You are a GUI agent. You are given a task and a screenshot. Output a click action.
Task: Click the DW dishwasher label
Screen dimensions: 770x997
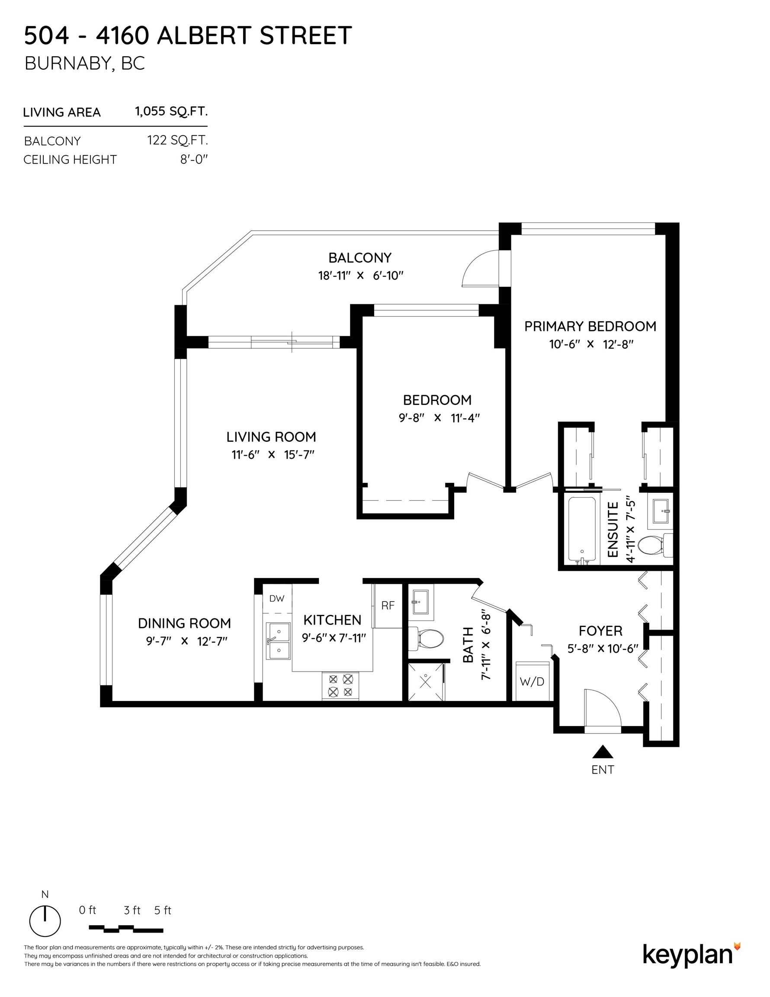coord(276,598)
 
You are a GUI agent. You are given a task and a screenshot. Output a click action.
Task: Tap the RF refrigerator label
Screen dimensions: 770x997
coord(388,605)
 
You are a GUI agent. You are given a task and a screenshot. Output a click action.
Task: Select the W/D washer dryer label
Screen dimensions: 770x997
coord(532,682)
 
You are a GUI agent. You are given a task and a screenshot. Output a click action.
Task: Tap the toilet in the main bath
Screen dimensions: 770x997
coord(426,639)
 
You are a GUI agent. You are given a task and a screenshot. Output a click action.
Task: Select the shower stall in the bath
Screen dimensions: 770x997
coord(426,682)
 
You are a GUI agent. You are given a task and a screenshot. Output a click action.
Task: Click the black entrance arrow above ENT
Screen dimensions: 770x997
coord(603,751)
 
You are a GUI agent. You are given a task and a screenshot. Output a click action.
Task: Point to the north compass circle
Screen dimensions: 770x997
coord(45,920)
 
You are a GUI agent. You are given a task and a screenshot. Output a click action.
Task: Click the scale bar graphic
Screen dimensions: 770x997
coord(125,929)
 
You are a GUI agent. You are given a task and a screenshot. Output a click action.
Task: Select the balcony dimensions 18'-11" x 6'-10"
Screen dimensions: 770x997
coord(361,276)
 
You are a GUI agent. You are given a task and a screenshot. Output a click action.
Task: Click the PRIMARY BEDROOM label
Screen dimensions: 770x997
coord(590,326)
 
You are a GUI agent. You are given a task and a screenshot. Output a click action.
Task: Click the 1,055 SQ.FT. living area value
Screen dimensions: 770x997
coord(171,111)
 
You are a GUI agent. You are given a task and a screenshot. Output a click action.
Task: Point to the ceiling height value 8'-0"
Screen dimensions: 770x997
coord(194,160)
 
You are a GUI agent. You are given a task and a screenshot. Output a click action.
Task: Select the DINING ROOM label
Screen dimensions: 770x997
coord(184,623)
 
